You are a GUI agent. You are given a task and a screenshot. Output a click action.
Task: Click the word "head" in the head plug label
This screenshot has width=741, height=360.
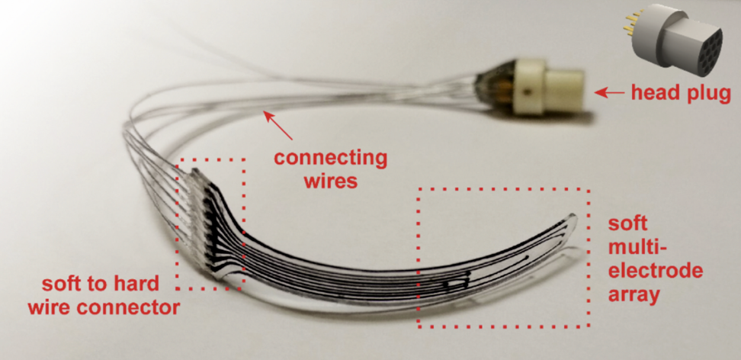point(654,94)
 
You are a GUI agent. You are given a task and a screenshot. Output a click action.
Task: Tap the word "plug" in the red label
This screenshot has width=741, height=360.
point(708,94)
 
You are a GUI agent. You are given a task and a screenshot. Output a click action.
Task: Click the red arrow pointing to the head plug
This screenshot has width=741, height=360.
point(610,93)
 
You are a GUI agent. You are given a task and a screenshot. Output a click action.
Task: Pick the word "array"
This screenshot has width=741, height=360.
point(634,295)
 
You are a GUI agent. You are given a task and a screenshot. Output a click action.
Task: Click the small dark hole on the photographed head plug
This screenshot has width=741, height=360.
point(524,95)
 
